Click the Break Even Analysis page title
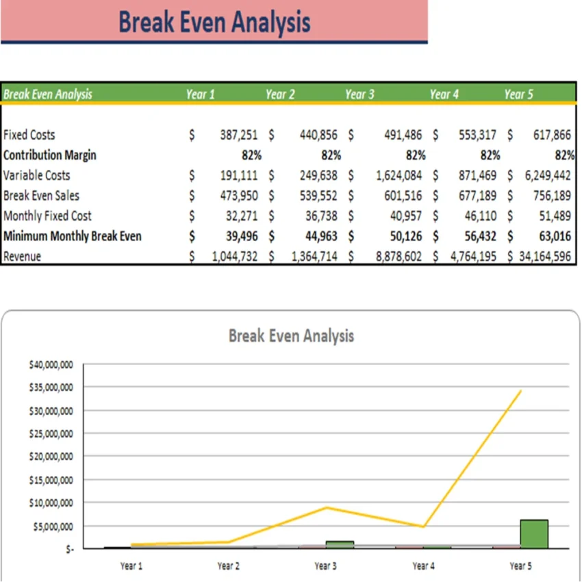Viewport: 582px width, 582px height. tap(214, 22)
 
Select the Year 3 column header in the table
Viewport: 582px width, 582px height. tap(359, 94)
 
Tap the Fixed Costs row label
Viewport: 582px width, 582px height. tap(29, 135)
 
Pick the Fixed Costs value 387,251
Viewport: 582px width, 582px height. tap(238, 135)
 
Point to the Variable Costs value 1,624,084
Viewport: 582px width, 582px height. tap(399, 175)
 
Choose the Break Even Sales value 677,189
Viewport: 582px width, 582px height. tap(477, 196)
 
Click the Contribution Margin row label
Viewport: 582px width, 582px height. tap(50, 155)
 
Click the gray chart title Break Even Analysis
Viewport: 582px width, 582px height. tap(291, 336)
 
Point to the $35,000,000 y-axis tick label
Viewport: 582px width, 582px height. tap(51, 388)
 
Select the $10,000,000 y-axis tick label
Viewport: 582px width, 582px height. tap(51, 503)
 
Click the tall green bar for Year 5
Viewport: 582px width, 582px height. tap(534, 534)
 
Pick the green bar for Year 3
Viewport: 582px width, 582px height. tap(340, 544)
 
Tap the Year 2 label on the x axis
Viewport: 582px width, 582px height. tap(228, 566)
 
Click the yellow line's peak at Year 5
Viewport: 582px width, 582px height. tap(521, 391)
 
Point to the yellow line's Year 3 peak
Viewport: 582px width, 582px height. tap(327, 507)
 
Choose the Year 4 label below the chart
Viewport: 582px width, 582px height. tap(422, 566)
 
